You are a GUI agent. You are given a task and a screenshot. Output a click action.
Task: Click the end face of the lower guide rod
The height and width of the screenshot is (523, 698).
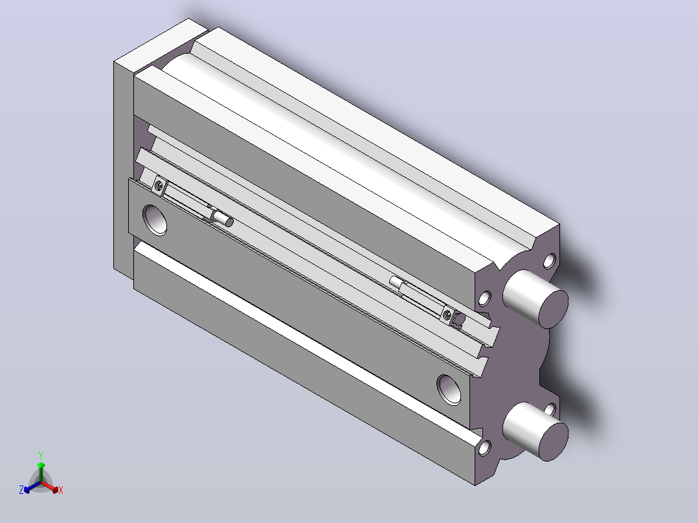554,441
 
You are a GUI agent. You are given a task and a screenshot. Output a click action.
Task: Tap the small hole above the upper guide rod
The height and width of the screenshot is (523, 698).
550,261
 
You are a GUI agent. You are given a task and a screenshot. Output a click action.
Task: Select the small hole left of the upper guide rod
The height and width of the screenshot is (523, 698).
484,298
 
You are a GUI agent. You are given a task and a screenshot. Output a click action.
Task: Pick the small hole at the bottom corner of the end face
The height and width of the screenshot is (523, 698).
484,447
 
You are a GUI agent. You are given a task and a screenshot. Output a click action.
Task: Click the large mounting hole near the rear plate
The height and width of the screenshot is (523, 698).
155,219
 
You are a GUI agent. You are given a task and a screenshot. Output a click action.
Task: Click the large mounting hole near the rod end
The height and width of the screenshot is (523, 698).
449,390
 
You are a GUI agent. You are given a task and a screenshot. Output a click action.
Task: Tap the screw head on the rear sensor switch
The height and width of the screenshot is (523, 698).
159,184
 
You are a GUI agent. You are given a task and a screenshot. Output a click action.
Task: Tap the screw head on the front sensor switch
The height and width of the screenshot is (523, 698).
447,315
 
